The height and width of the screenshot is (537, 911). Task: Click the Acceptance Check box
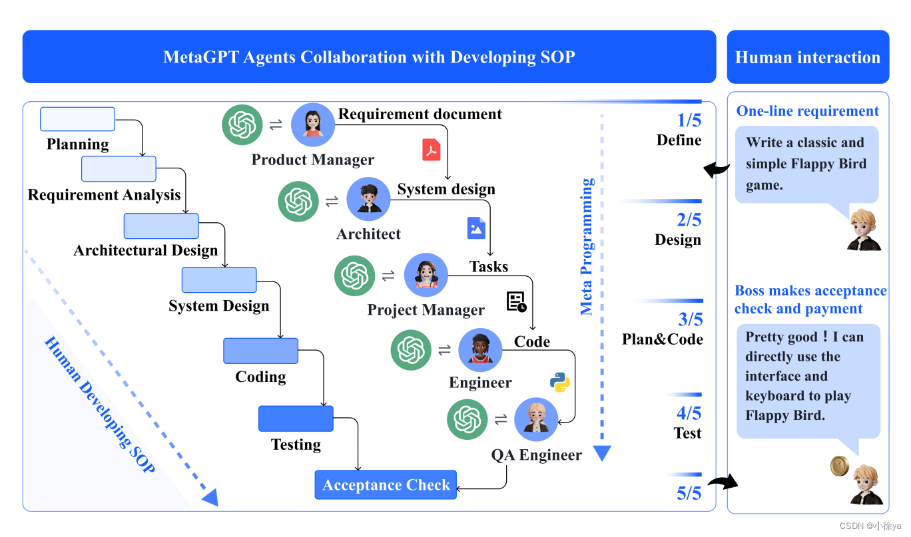(386, 485)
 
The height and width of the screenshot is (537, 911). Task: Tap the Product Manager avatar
(312, 124)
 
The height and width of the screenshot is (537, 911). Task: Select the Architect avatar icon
(368, 198)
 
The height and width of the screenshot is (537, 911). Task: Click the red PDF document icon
(432, 150)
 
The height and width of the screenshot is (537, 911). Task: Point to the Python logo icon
(559, 381)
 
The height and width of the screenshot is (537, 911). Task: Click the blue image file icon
(476, 228)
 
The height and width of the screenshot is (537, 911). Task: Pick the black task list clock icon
(517, 301)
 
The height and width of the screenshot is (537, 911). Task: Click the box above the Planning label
(77, 119)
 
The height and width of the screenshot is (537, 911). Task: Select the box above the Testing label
(296, 419)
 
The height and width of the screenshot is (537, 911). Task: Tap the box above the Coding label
(260, 351)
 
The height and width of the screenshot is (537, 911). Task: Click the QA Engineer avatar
(536, 419)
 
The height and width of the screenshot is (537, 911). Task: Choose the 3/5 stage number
(689, 319)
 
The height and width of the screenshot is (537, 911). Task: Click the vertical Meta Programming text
(587, 246)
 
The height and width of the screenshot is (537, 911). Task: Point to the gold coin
(839, 466)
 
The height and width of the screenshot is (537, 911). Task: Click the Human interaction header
(808, 57)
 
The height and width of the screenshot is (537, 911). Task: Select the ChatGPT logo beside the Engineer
(412, 350)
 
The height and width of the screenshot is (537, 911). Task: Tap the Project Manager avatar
(426, 275)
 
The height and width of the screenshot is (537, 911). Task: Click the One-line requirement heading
(807, 111)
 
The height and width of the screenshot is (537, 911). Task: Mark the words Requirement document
(420, 114)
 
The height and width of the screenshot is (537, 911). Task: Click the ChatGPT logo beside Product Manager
(242, 124)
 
